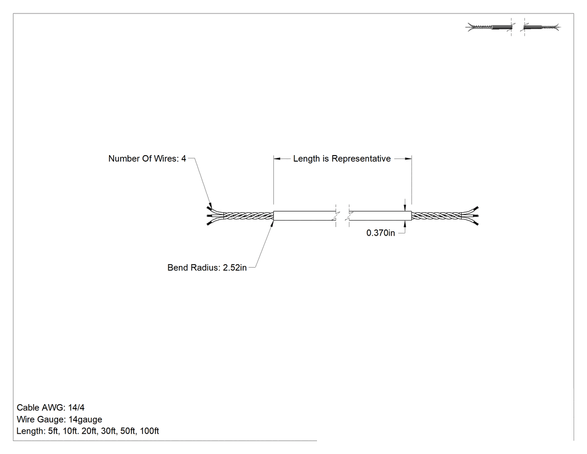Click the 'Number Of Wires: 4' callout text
coord(147,158)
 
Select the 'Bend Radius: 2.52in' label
coord(207,268)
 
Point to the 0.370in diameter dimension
coord(380,233)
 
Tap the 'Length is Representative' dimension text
coord(342,158)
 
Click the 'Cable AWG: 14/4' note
coord(50,408)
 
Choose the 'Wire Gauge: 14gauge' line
coord(59,419)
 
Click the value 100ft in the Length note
coord(149,431)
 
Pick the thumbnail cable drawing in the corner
coord(513,27)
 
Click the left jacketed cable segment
coord(305,216)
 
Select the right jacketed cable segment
coord(380,216)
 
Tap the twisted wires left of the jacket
coord(248,216)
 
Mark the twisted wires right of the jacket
coord(437,216)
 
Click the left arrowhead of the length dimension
coord(277,158)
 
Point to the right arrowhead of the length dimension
coord(408,158)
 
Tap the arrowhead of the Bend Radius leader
coord(272,223)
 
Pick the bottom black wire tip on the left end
coord(209,223)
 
